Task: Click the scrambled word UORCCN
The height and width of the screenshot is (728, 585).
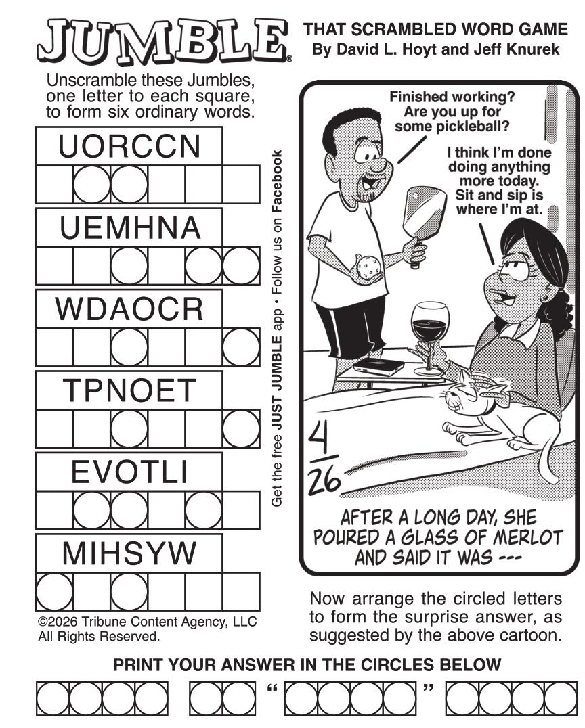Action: click(129, 146)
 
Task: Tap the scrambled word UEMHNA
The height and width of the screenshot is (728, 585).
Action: click(129, 227)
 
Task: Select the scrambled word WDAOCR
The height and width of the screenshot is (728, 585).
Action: click(129, 309)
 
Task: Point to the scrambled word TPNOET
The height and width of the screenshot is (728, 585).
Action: click(129, 390)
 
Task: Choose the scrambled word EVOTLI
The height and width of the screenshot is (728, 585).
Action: click(129, 472)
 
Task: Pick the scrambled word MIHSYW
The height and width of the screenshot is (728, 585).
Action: click(129, 553)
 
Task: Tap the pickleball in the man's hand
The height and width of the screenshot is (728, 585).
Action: click(368, 267)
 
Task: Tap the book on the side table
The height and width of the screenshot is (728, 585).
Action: click(378, 366)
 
